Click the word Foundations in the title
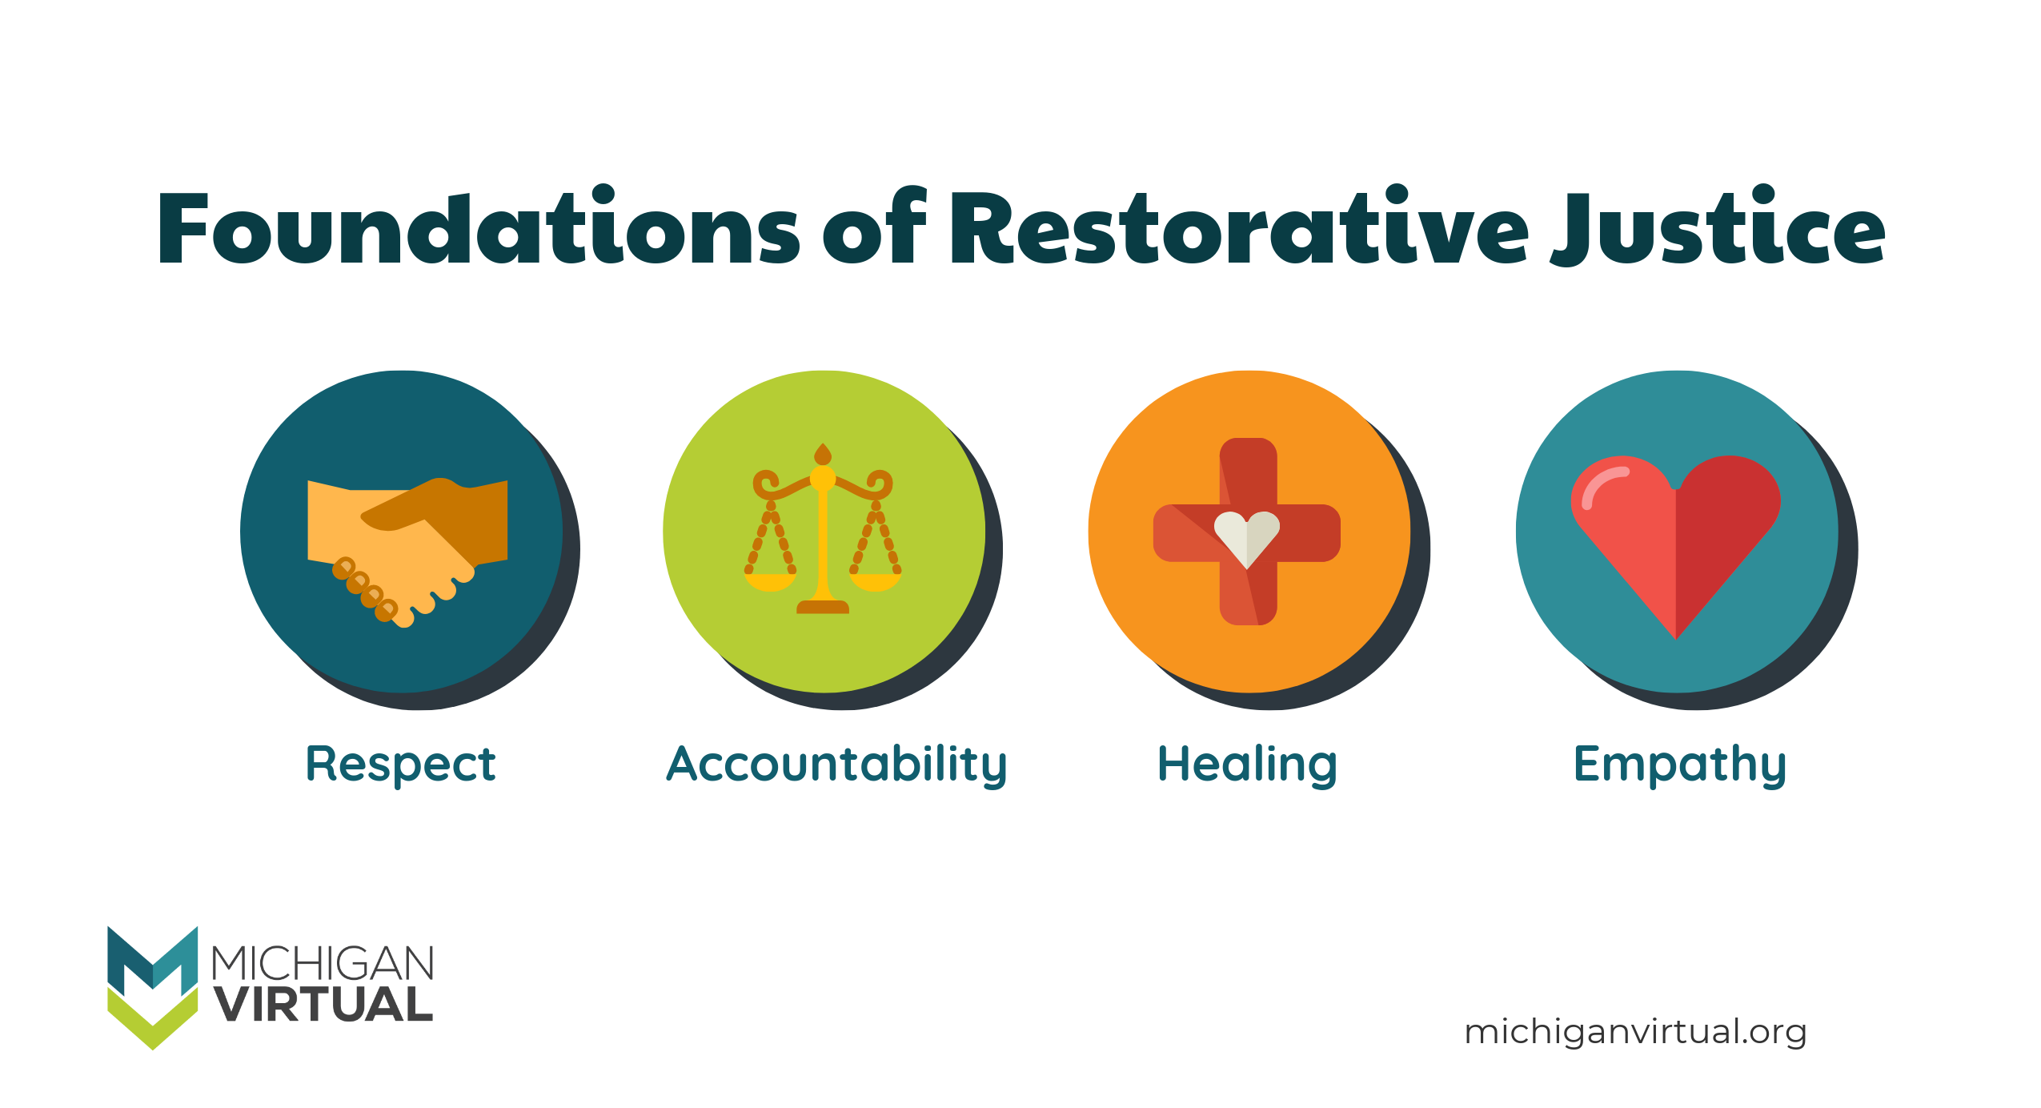pyautogui.click(x=478, y=229)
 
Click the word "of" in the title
pyautogui.click(x=874, y=229)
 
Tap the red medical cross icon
pyautogui.click(x=1247, y=532)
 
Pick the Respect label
pyautogui.click(x=401, y=764)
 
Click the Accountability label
pyautogui.click(x=836, y=764)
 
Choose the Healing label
pyautogui.click(x=1247, y=764)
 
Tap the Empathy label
pyautogui.click(x=1679, y=764)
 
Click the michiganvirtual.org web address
pyautogui.click(x=1635, y=1032)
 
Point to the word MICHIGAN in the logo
pyautogui.click(x=323, y=963)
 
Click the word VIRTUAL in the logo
pyautogui.click(x=323, y=1005)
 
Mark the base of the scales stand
pyautogui.click(x=823, y=607)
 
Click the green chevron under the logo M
pyautogui.click(x=152, y=1021)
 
